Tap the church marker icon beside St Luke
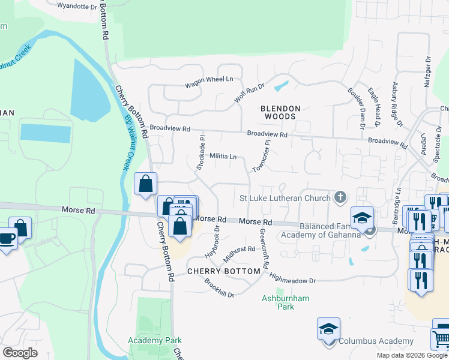(340, 197)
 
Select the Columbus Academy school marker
(328, 330)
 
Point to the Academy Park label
(155, 340)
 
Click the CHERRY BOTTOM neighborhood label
(224, 271)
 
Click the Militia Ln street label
(223, 156)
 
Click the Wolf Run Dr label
(249, 92)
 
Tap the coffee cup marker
(7, 239)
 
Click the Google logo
(20, 352)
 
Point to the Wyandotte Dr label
(77, 6)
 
